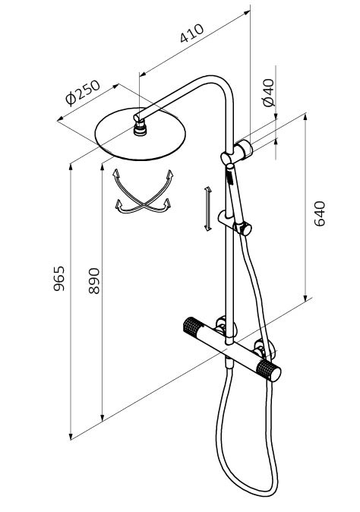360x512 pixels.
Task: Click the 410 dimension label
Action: [191, 33]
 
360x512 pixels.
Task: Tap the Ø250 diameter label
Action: [83, 93]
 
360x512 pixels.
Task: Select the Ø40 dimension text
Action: [269, 93]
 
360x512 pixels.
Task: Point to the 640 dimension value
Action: [320, 213]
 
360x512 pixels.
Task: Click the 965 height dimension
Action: [59, 279]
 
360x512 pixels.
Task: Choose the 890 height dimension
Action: [94, 281]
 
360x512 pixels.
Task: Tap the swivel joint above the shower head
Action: [141, 127]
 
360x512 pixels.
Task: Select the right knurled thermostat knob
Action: [268, 371]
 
